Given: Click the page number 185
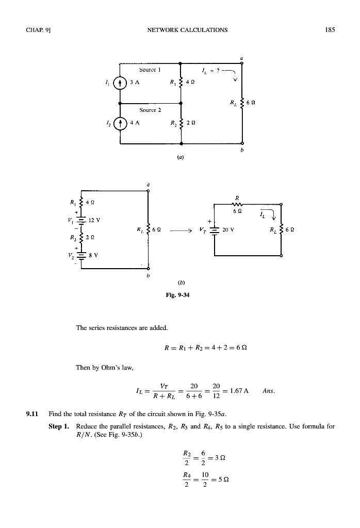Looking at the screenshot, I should (330, 30).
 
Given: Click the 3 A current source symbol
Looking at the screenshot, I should (120, 81).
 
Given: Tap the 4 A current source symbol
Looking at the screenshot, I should (120, 124).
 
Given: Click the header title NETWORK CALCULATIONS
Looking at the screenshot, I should (179, 30).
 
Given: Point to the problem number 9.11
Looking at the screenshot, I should (34, 413).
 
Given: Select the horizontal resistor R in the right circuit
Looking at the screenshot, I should (237, 205).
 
